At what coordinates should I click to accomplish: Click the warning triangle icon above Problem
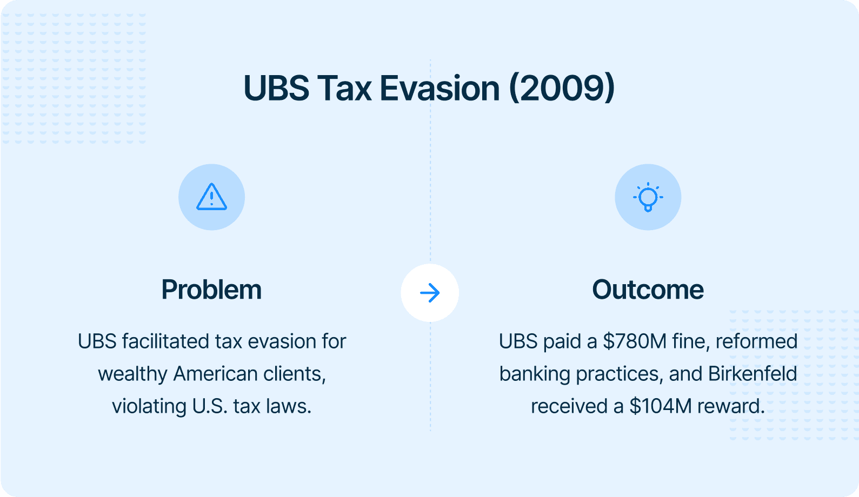click(x=212, y=197)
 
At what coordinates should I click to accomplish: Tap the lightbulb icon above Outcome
click(x=648, y=197)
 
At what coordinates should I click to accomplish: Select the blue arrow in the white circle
click(x=430, y=293)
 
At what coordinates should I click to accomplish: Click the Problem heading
click(x=211, y=290)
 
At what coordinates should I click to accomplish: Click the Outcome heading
click(x=648, y=290)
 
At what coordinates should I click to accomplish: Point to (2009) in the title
click(x=562, y=89)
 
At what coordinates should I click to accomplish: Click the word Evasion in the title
click(x=440, y=89)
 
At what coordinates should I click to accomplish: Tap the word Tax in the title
click(x=344, y=89)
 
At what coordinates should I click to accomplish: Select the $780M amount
click(x=635, y=341)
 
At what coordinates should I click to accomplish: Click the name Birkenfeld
click(x=753, y=374)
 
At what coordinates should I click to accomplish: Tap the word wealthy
click(x=132, y=374)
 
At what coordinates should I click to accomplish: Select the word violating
click(x=149, y=407)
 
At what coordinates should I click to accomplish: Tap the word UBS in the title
click(x=276, y=89)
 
